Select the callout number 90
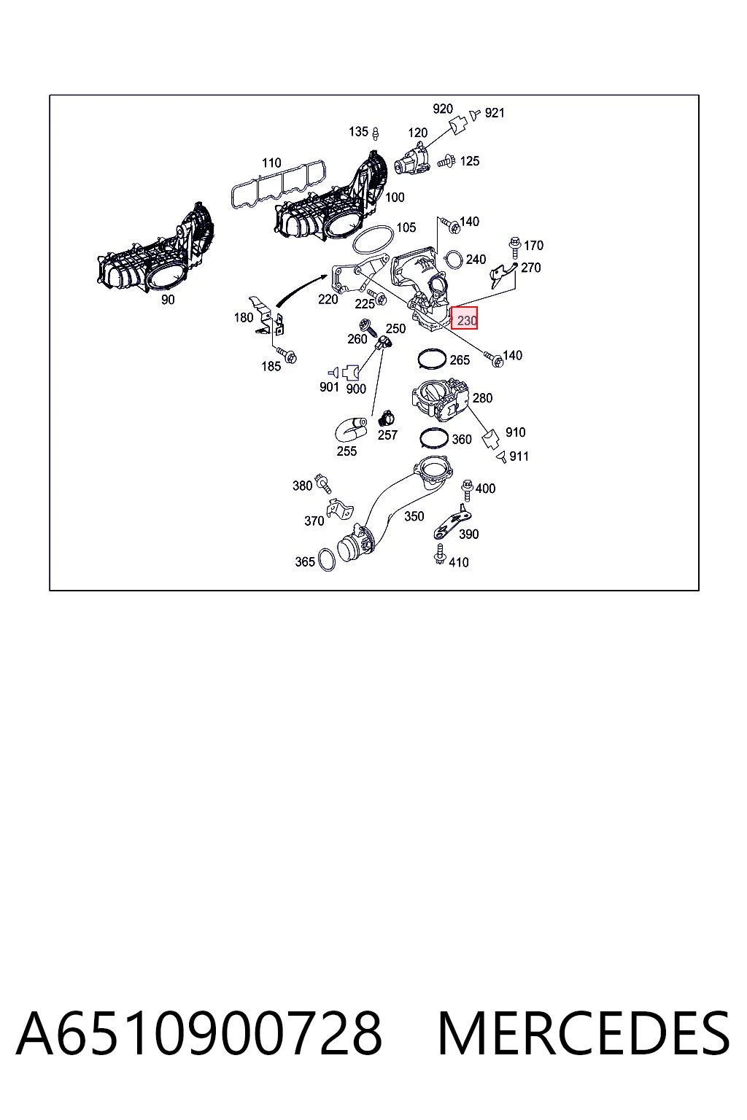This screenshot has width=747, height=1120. tap(168, 300)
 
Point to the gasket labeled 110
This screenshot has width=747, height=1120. tap(279, 183)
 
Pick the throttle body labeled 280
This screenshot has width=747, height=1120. tap(440, 402)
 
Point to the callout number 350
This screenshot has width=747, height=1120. tap(414, 516)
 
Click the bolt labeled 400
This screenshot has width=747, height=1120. tap(467, 489)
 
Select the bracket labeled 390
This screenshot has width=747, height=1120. tap(452, 523)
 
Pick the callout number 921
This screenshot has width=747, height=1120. tap(495, 113)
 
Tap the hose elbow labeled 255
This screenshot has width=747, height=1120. tap(350, 428)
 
